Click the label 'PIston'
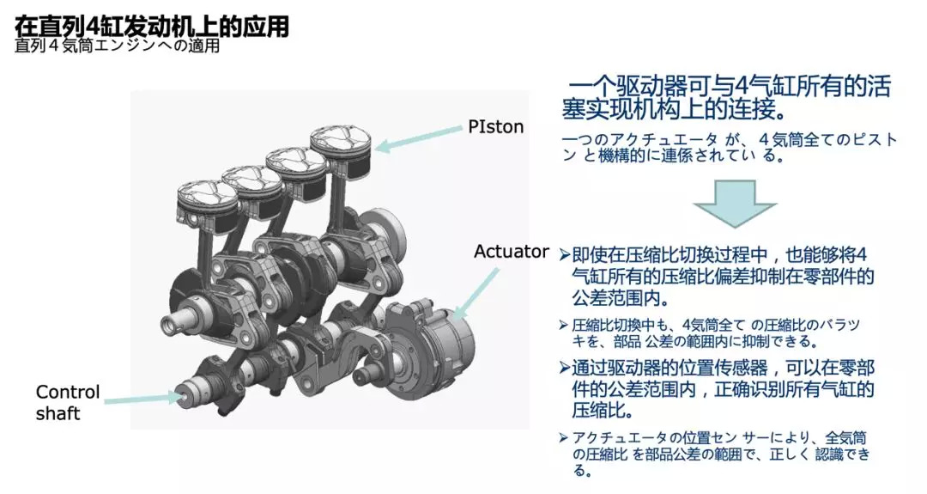496,126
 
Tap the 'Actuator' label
511,252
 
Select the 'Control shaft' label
68,403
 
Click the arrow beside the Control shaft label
149,398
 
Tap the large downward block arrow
734,204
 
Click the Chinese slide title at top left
151,26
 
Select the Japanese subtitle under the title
117,46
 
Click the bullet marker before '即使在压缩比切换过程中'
564,255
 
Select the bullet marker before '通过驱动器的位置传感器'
564,369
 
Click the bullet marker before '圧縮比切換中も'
564,326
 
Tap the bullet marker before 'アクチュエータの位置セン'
564,437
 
